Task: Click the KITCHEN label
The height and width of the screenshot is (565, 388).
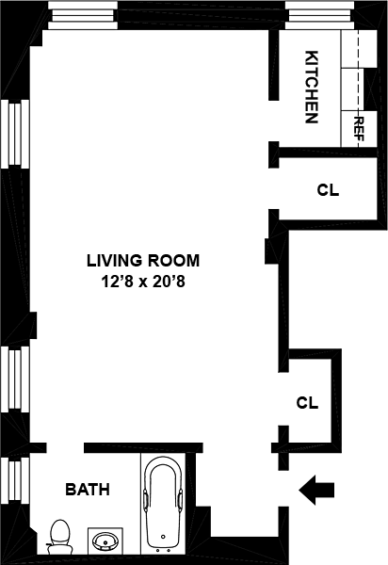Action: pyautogui.click(x=312, y=87)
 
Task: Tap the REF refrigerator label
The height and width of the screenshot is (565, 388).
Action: pyautogui.click(x=360, y=129)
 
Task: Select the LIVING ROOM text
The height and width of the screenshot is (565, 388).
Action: pyautogui.click(x=143, y=261)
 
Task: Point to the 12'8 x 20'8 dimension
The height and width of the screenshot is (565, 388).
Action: pyautogui.click(x=143, y=282)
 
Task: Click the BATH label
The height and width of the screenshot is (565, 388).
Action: pyautogui.click(x=88, y=490)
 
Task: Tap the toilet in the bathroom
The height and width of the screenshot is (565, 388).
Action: pyautogui.click(x=59, y=537)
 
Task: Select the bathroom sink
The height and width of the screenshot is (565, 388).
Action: pyautogui.click(x=105, y=541)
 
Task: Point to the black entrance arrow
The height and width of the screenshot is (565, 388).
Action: pyautogui.click(x=316, y=490)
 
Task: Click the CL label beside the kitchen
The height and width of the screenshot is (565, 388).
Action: pyautogui.click(x=328, y=190)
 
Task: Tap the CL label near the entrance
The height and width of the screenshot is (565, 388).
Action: pyautogui.click(x=307, y=402)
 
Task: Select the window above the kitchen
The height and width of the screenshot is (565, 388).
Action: pyautogui.click(x=319, y=15)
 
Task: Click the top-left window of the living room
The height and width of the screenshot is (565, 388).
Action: pyautogui.click(x=83, y=15)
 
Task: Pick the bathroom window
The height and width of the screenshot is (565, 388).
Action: pyautogui.click(x=15, y=480)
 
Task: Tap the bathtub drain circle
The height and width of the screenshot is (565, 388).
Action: pyautogui.click(x=163, y=537)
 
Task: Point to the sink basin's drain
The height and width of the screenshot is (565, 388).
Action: pyautogui.click(x=105, y=541)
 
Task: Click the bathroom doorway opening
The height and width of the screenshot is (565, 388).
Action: pyautogui.click(x=65, y=448)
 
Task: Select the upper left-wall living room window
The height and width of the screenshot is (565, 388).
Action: pyautogui.click(x=15, y=134)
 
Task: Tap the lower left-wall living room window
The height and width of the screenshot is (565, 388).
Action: pyautogui.click(x=15, y=379)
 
